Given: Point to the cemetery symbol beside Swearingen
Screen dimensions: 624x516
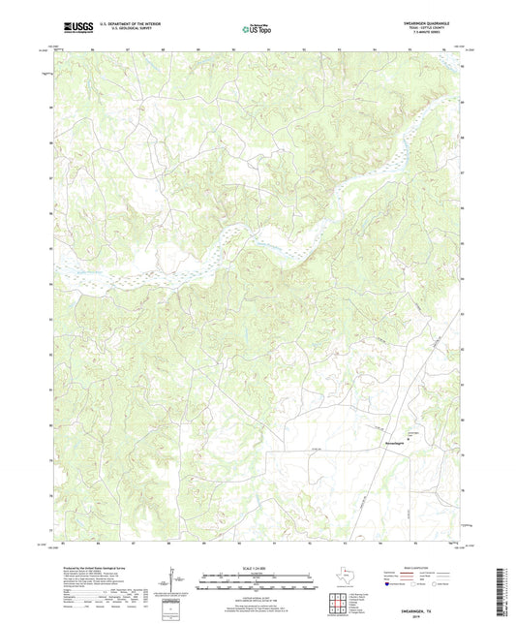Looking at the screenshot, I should point(408,438).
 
